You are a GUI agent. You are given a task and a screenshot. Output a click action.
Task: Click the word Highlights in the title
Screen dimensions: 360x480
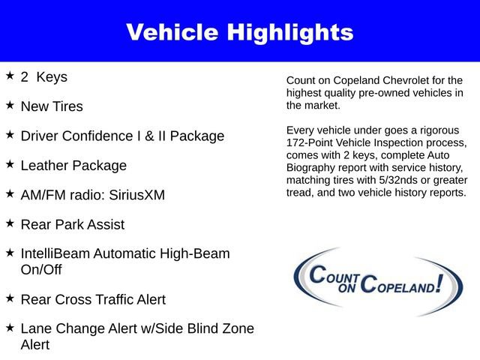click(x=289, y=32)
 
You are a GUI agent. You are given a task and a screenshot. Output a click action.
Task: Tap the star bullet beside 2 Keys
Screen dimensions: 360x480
click(x=10, y=76)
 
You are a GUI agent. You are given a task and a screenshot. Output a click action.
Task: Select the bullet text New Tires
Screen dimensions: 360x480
click(x=52, y=106)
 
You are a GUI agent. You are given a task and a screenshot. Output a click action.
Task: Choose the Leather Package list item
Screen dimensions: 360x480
click(x=73, y=166)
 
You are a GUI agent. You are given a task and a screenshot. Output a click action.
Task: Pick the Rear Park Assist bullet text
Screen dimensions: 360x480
click(x=72, y=224)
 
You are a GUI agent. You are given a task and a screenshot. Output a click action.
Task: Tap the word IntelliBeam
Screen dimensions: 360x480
click(x=57, y=254)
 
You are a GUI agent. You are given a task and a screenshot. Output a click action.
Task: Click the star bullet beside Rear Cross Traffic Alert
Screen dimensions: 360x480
click(x=10, y=298)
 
